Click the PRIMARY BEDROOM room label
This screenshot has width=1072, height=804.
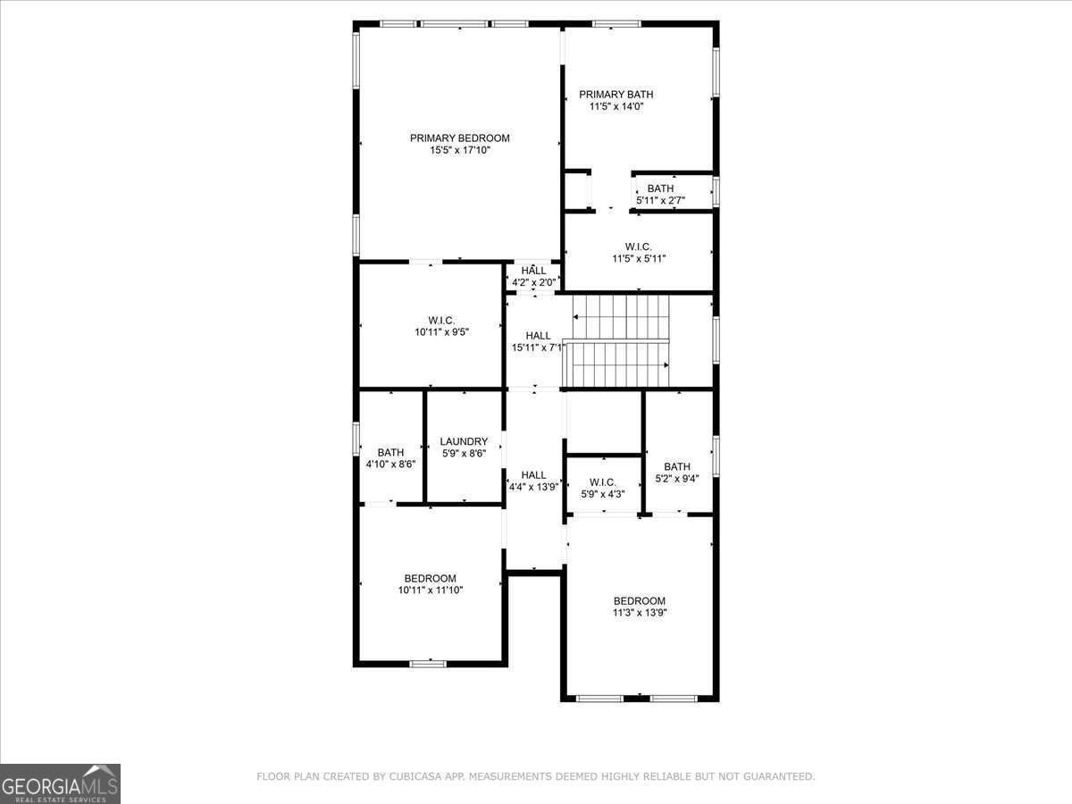[x=459, y=138]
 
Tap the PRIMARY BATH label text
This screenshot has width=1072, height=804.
[x=616, y=94]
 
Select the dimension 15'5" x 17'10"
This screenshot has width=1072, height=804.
[x=459, y=151]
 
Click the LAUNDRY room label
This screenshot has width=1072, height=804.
[x=464, y=441]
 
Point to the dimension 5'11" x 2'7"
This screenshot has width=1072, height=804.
[x=660, y=200]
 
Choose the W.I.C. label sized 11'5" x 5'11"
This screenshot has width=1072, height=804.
[x=638, y=247]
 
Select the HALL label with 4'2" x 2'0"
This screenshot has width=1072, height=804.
[x=533, y=271]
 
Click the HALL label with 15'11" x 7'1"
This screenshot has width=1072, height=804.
[x=538, y=336]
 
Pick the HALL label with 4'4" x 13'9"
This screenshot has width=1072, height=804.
[x=533, y=475]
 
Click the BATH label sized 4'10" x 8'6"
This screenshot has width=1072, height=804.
[x=390, y=453]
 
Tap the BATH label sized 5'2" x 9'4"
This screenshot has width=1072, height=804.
[x=676, y=466]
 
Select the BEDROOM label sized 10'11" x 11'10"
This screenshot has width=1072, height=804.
[x=430, y=578]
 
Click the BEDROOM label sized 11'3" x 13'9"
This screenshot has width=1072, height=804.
[x=639, y=601]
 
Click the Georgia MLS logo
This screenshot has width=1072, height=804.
[x=60, y=783]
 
